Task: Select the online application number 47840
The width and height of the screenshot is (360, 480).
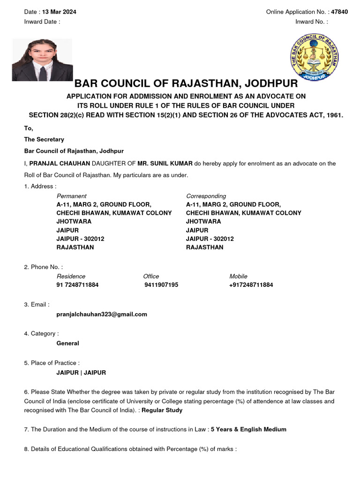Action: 339,12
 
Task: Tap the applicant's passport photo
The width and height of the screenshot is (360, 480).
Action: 42,60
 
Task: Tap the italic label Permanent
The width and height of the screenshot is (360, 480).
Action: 71,196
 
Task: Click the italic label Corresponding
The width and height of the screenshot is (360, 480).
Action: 206,196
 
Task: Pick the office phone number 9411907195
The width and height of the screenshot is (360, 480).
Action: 161,285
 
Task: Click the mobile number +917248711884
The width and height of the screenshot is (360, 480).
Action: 251,285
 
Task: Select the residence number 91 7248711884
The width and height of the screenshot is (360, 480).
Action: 77,285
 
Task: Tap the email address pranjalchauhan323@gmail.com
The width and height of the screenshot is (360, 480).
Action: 101,314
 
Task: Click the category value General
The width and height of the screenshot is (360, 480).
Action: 67,343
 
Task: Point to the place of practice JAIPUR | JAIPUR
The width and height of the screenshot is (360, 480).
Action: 81,373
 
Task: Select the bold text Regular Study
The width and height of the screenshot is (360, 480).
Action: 162,410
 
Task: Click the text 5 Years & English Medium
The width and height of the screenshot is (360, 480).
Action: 248,429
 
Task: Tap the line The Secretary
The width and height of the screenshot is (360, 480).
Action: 44,139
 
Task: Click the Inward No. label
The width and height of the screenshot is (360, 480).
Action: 311,22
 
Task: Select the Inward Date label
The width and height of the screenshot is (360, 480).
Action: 42,22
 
